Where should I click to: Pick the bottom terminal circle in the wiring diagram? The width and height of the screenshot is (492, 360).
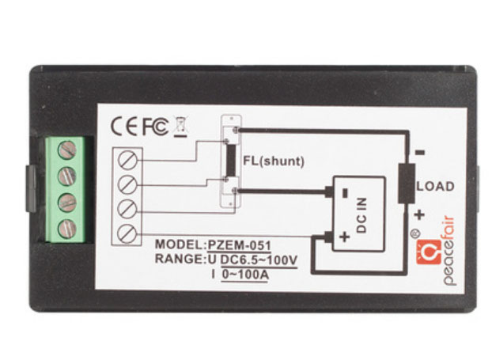126,233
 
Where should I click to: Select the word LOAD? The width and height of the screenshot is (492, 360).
435,188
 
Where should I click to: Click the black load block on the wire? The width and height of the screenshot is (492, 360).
407,184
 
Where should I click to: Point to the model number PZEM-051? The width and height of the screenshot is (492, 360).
239,244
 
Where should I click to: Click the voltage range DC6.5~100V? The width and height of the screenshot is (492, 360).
259,259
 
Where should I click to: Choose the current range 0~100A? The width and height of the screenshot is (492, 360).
247,274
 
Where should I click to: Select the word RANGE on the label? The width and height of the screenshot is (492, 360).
179,259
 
